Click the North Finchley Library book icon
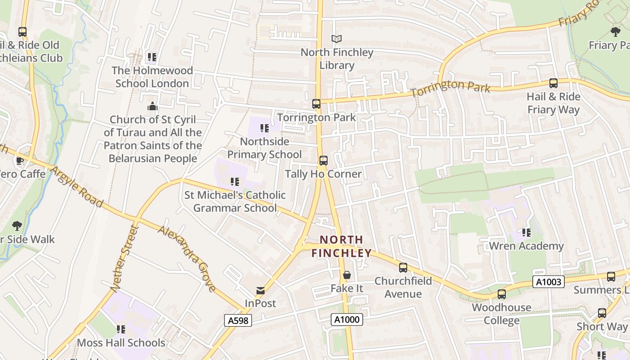337,39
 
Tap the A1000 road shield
346,319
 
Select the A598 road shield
238,320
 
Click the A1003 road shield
549,282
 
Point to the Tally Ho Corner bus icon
323,161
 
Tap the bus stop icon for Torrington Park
316,104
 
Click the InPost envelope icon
260,290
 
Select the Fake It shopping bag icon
347,274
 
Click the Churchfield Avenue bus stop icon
403,268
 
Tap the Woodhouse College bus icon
501,294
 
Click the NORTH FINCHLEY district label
341,246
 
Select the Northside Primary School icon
264,128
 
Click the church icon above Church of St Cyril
153,107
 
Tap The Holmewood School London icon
152,57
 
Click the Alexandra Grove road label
187,257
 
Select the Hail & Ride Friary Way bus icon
553,83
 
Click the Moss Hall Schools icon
121,329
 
